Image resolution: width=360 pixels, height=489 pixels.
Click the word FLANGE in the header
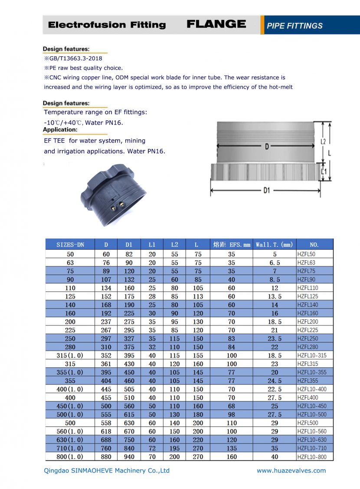pyautogui.click(x=216, y=24)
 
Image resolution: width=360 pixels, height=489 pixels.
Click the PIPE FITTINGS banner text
pyautogui.click(x=295, y=26)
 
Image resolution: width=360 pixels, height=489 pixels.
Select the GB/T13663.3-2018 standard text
pyautogui.click(x=74, y=58)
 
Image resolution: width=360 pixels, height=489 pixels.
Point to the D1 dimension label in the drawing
pyautogui.click(x=266, y=190)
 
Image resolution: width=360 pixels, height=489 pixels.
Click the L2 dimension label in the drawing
pyautogui.click(x=323, y=141)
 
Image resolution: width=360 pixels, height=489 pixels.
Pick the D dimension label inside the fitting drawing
pyautogui.click(x=267, y=147)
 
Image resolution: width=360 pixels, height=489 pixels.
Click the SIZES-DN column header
pyautogui.click(x=70, y=245)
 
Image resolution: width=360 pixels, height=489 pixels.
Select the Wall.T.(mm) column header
pyautogui.click(x=274, y=245)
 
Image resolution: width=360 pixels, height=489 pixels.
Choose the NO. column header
pyautogui.click(x=314, y=245)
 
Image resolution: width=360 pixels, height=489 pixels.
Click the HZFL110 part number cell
pyautogui.click(x=308, y=288)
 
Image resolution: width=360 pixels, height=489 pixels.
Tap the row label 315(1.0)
pyautogui.click(x=70, y=355)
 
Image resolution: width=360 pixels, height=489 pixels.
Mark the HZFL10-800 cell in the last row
pyautogui.click(x=312, y=456)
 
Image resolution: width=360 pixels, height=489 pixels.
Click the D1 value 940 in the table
pyautogui.click(x=129, y=456)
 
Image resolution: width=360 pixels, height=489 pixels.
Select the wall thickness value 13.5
pyautogui.click(x=275, y=296)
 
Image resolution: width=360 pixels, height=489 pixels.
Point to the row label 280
pyautogui.click(x=70, y=347)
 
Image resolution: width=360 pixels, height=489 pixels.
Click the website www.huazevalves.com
pyautogui.click(x=291, y=471)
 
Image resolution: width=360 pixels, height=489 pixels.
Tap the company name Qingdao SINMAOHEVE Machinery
pyautogui.click(x=107, y=471)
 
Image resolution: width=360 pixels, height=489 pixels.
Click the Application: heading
pyautogui.click(x=60, y=130)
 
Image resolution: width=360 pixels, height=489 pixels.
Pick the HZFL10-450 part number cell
pyautogui.click(x=312, y=406)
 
